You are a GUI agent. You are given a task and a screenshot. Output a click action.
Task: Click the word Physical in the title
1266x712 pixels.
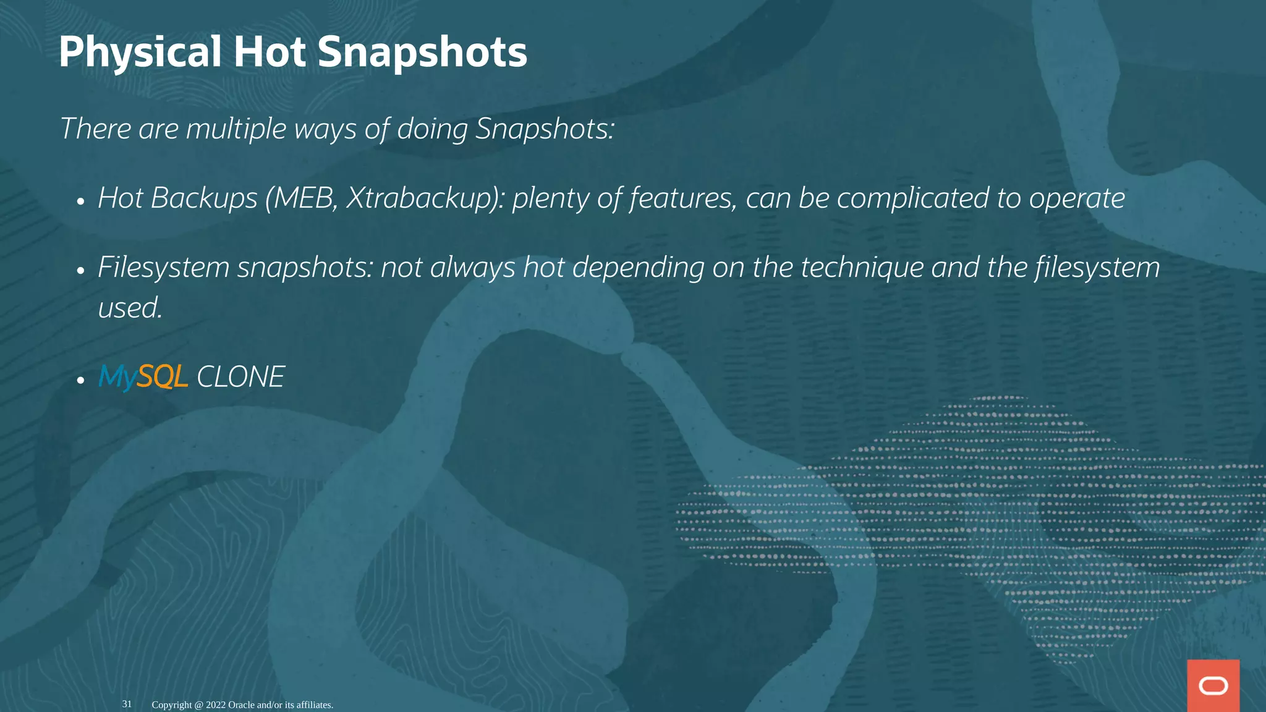coord(140,52)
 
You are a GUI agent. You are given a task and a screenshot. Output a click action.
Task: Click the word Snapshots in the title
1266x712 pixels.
coord(422,52)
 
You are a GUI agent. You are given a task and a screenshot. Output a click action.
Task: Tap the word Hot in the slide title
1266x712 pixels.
coord(270,52)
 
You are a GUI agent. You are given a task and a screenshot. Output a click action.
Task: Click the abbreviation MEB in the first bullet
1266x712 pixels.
coord(305,198)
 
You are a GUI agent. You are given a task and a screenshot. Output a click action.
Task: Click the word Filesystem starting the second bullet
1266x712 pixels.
coord(164,268)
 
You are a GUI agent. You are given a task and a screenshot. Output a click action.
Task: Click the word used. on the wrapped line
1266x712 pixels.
coord(130,308)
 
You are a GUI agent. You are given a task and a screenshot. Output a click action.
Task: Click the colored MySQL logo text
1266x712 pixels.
coord(143,376)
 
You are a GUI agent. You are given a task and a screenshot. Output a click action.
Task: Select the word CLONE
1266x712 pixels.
coord(240,377)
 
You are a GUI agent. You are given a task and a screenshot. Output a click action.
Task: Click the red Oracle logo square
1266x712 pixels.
coord(1213,685)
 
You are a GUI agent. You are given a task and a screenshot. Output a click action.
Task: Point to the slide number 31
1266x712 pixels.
coord(127,704)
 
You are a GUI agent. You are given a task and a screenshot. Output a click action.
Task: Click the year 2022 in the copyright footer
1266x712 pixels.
coord(216,705)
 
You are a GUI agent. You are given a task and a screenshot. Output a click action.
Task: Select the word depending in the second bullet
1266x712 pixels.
coord(638,268)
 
